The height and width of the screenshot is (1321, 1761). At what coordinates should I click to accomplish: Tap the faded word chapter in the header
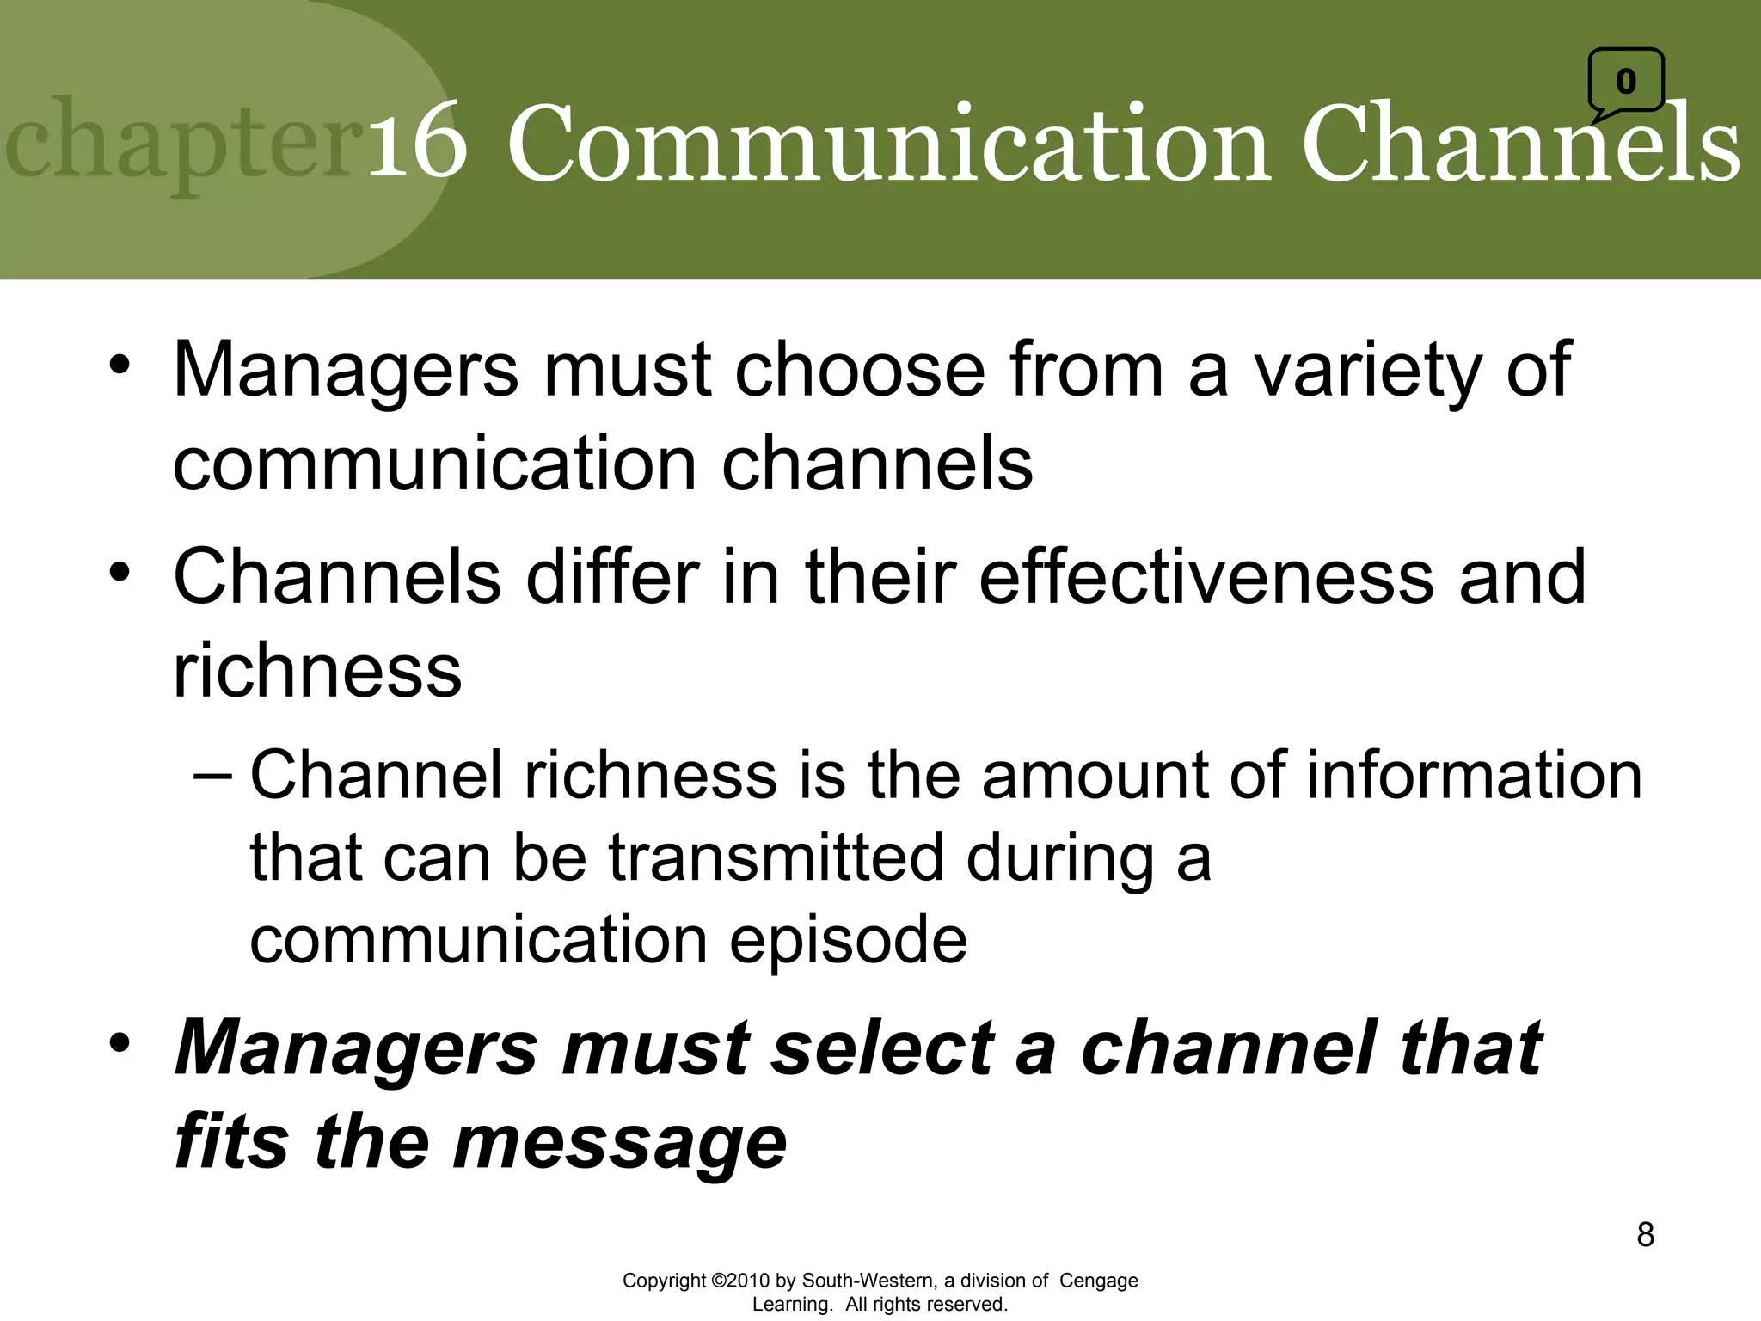185,144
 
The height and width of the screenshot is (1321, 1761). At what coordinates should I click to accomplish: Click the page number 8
1645,1235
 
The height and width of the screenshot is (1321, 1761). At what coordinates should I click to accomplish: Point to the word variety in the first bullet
1367,371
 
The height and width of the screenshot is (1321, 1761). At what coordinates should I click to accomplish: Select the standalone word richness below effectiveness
317,671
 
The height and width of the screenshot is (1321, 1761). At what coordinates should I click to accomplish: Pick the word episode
848,940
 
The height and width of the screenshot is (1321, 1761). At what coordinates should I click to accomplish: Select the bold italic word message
619,1143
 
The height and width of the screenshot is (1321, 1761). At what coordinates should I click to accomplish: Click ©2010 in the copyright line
740,1281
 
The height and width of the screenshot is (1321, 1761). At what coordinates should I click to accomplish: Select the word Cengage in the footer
1098,1281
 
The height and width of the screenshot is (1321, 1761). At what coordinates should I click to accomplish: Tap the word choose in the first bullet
859,371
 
